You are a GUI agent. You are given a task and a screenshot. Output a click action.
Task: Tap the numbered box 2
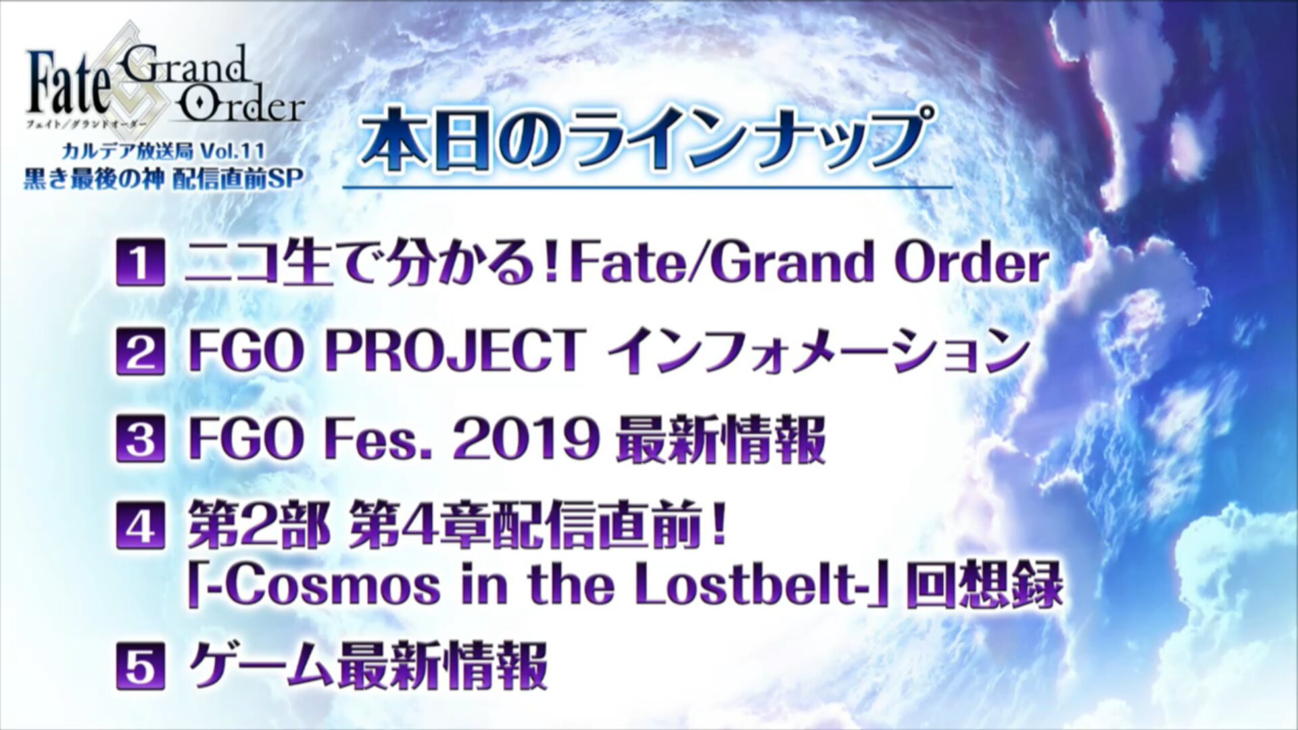tap(141, 351)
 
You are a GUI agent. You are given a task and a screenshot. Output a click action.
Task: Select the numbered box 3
tap(141, 439)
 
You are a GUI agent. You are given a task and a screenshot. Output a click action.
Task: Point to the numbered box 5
tap(141, 667)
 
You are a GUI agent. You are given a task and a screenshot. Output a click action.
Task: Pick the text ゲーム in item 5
tap(260, 666)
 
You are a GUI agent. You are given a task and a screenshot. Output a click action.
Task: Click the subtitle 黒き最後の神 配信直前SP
tap(162, 178)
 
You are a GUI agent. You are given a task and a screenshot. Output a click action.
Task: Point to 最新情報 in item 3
tap(721, 440)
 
